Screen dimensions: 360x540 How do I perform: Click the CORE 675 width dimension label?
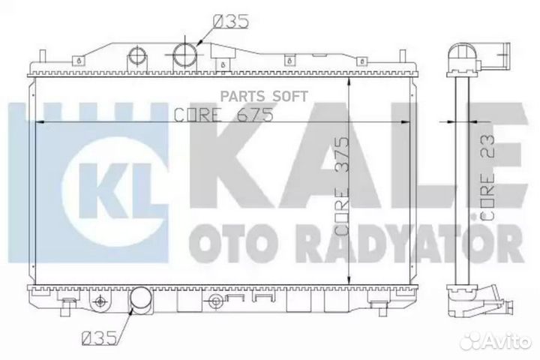[x=211, y=115]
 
